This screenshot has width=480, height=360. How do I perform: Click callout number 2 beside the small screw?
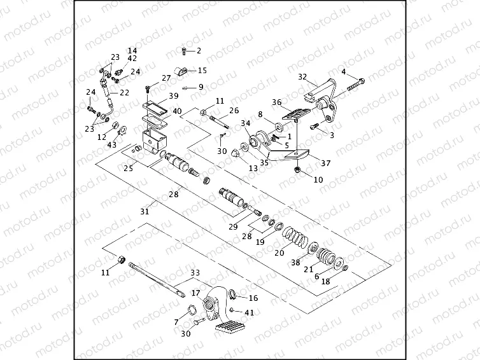(198, 50)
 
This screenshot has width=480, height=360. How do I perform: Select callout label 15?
(202, 71)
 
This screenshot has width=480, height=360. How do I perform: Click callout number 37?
(326, 163)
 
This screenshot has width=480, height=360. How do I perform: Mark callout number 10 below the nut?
(318, 180)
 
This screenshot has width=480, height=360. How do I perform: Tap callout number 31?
(145, 211)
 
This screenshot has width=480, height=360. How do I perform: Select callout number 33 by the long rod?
(194, 272)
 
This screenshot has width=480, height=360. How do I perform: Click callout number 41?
(250, 313)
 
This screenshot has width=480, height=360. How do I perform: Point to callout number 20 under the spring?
(279, 253)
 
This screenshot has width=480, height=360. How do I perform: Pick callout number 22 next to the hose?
(124, 93)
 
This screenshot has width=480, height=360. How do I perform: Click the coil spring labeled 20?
(294, 237)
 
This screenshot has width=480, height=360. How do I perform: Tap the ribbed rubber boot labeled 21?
(327, 257)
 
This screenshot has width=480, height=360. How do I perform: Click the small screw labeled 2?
(184, 50)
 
